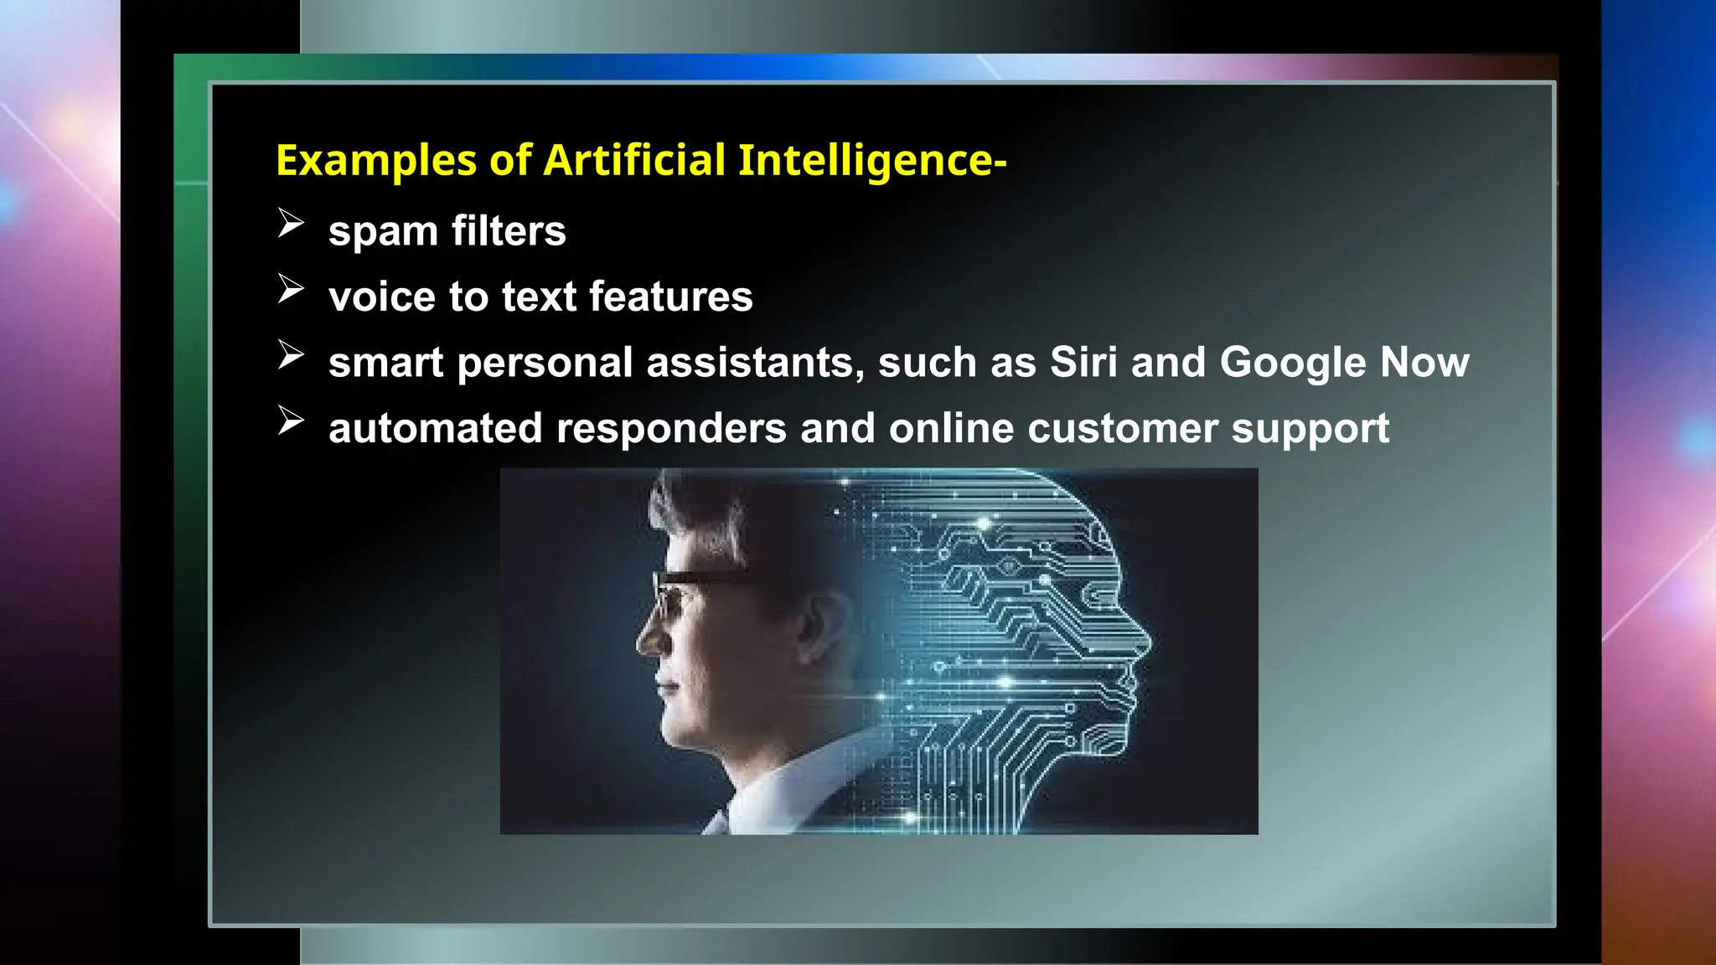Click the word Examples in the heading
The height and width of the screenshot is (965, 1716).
(x=376, y=160)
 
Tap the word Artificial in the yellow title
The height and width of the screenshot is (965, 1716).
(x=634, y=160)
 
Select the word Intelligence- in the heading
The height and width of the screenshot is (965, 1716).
(x=871, y=160)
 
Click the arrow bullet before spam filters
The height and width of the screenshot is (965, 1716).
(x=290, y=224)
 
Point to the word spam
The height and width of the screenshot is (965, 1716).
(x=383, y=232)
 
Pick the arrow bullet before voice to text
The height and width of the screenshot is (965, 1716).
(x=290, y=289)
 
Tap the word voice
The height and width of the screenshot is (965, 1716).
(x=381, y=297)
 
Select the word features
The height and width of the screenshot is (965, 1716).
(x=670, y=297)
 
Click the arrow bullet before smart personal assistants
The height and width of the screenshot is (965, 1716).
(x=290, y=355)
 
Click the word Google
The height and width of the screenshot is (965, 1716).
(x=1293, y=363)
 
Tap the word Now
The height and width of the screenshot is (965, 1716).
(x=1424, y=362)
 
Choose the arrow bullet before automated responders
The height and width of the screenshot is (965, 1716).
(x=290, y=421)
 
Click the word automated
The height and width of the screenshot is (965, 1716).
(x=436, y=428)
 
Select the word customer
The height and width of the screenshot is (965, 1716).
(x=1123, y=428)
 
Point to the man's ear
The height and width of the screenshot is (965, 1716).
(x=817, y=624)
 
